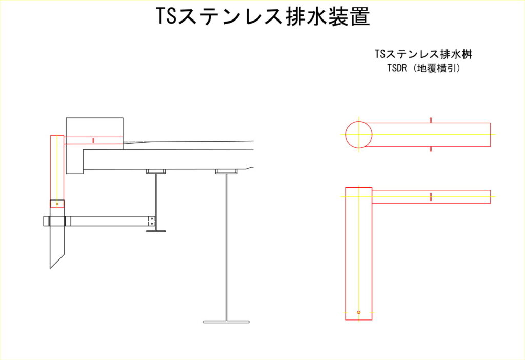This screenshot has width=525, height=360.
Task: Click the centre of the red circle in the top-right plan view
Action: pyautogui.click(x=358, y=135)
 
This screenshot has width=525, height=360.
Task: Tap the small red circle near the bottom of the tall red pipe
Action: pyautogui.click(x=358, y=312)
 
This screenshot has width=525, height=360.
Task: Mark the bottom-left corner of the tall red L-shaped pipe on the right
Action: pyautogui.click(x=346, y=320)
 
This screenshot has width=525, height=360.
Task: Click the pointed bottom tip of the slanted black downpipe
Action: pyautogui.click(x=50, y=268)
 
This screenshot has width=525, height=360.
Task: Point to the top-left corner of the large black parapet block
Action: pyautogui.click(x=66, y=118)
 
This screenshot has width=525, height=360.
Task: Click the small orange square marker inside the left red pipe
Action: pyautogui.click(x=57, y=204)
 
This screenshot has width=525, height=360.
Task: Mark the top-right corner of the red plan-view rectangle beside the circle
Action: pyautogui.click(x=491, y=123)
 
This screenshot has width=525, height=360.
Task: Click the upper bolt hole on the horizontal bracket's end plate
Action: pyautogui.click(x=152, y=218)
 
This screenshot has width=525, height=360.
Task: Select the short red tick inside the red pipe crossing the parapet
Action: pyautogui.click(x=93, y=141)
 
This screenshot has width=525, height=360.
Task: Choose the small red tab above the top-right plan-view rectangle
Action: pyautogui.click(x=431, y=120)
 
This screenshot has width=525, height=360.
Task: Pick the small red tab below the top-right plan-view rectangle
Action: pyautogui.click(x=431, y=149)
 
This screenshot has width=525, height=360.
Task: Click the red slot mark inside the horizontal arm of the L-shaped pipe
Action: pyautogui.click(x=431, y=197)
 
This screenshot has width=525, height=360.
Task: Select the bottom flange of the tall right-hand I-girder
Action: pyautogui.click(x=226, y=322)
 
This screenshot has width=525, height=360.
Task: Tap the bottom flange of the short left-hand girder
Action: pyautogui.click(x=156, y=231)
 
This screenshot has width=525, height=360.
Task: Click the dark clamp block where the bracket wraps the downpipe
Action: pyautogui.click(x=57, y=221)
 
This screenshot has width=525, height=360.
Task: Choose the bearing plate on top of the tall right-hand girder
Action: pyautogui.click(x=226, y=172)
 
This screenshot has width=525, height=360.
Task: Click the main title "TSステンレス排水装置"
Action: pyautogui.click(x=263, y=16)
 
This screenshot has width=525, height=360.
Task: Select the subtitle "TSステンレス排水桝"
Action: pyautogui.click(x=423, y=54)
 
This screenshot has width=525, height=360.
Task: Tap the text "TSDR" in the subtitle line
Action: pyautogui.click(x=397, y=68)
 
